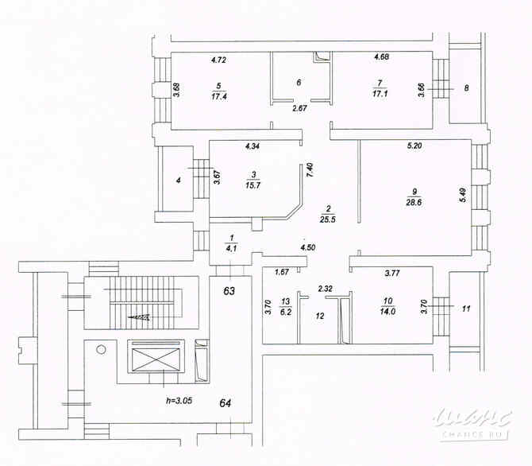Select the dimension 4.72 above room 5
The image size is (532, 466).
click(218, 60)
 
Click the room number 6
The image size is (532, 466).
click(299, 82)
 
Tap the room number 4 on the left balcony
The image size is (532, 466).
click(178, 181)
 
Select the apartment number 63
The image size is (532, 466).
click(229, 292)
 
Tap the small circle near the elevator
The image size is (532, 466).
click(101, 349)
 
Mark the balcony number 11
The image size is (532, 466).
click(466, 307)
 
